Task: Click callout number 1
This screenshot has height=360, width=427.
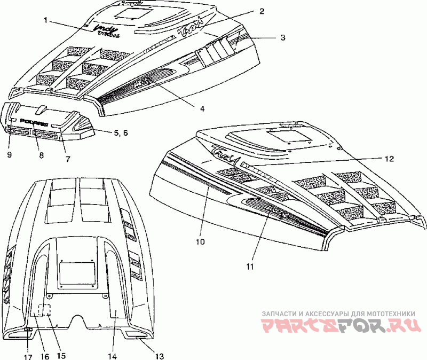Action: [46, 20]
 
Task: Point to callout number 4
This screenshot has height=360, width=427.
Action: [203, 108]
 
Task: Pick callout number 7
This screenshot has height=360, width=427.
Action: [68, 158]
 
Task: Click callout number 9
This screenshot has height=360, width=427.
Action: [10, 155]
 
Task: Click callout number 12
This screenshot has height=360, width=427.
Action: [389, 158]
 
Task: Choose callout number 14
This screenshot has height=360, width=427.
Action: [112, 355]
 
